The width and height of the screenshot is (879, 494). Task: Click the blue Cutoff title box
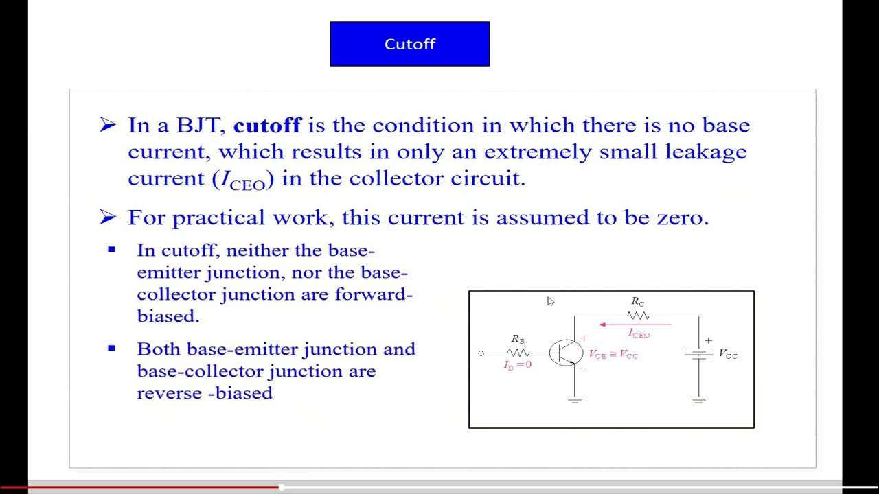(409, 44)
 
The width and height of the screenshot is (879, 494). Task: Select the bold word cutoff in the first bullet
(267, 126)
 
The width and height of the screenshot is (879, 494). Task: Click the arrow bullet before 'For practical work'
(108, 217)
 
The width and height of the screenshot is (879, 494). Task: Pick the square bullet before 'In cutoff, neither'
(112, 250)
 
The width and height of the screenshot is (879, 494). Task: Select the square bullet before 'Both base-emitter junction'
(112, 349)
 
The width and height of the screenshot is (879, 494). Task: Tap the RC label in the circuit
(638, 302)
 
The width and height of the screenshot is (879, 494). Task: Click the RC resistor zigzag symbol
(638, 316)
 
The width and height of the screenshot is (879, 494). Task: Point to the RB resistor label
(518, 339)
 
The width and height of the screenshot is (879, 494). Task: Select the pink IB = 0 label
(518, 365)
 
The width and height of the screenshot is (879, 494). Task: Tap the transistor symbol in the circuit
(566, 353)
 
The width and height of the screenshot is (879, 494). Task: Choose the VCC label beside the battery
(728, 354)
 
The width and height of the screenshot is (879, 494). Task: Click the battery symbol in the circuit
(699, 353)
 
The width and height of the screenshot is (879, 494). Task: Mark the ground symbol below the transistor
(575, 399)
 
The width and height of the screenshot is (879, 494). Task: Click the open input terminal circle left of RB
(481, 353)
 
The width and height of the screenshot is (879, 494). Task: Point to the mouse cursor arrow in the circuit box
(550, 301)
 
